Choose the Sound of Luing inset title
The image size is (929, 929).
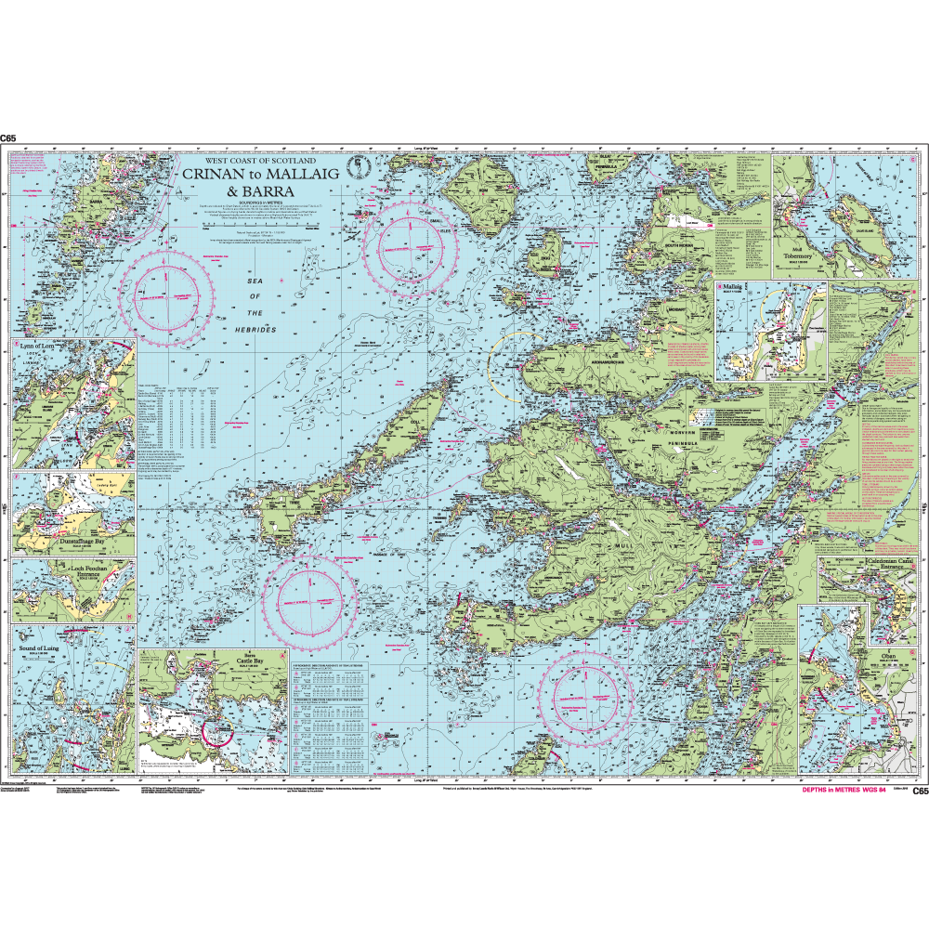[x=37, y=640]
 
